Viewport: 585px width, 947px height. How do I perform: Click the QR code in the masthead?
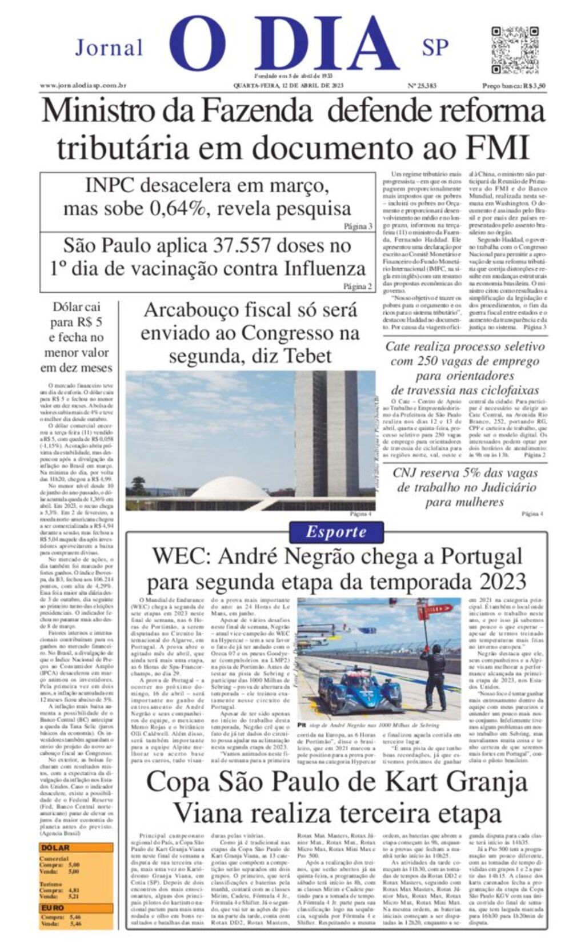(x=515, y=50)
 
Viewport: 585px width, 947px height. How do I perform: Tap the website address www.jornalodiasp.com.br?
(x=83, y=86)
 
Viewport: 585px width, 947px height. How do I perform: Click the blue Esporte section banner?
(x=336, y=532)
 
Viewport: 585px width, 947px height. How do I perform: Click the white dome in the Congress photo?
(x=229, y=489)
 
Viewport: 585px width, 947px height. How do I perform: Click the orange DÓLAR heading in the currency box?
(x=55, y=848)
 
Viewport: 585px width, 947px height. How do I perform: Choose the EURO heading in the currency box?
(x=53, y=908)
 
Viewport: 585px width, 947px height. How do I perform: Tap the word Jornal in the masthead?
(x=109, y=48)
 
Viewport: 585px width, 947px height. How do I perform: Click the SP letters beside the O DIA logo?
(x=435, y=48)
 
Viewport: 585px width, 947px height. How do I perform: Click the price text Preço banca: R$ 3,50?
(x=514, y=86)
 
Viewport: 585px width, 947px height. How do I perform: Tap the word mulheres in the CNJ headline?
(x=464, y=502)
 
